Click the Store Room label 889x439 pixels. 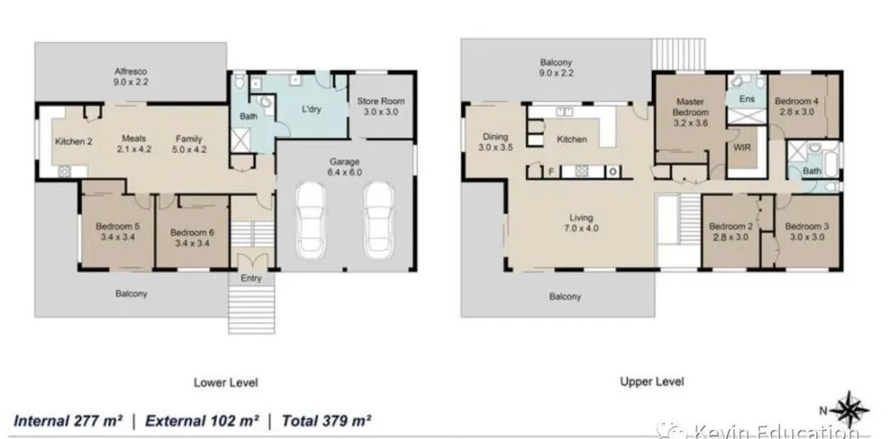(x=380, y=107)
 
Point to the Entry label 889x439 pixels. (x=251, y=278)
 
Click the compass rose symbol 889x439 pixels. (x=849, y=409)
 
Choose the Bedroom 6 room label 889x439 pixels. (x=192, y=238)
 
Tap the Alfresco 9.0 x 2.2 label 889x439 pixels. (x=131, y=76)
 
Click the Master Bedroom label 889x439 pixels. (x=690, y=112)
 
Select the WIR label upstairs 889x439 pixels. (x=742, y=147)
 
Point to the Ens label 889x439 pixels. (x=747, y=99)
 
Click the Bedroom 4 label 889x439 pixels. (x=796, y=107)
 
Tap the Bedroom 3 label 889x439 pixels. (x=807, y=232)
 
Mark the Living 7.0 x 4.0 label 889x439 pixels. (x=581, y=223)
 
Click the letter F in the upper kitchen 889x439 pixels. (x=550, y=172)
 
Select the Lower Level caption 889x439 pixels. (x=226, y=382)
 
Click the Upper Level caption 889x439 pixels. (x=651, y=381)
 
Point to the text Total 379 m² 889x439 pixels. (x=327, y=421)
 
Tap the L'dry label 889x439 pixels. (x=310, y=109)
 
